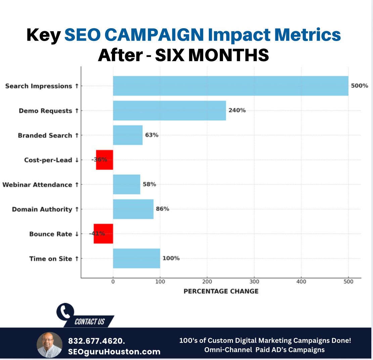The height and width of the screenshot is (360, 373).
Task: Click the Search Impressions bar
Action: (230, 86)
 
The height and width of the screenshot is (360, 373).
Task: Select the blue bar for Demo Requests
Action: (169, 110)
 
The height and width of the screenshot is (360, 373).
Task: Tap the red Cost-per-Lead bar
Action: (104, 160)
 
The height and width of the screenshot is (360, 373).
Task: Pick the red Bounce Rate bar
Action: (103, 234)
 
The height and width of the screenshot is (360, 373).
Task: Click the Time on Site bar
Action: (136, 258)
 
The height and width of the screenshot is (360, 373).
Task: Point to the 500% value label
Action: (360, 86)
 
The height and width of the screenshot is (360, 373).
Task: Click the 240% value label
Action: (237, 110)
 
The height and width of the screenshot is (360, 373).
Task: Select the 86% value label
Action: (162, 209)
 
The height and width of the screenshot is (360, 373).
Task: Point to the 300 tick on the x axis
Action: (254, 282)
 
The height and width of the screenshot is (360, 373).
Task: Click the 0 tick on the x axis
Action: (113, 282)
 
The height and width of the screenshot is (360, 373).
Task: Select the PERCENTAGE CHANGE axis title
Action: (221, 291)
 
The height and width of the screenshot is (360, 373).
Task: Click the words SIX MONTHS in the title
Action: (212, 55)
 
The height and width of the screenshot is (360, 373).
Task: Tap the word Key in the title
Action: (43, 35)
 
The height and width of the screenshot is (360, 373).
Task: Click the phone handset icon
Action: (65, 312)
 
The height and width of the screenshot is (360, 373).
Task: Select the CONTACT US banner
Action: (90, 322)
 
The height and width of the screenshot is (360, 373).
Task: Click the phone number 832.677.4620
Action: (97, 341)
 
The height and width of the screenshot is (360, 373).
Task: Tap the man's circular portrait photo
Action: (50, 345)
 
